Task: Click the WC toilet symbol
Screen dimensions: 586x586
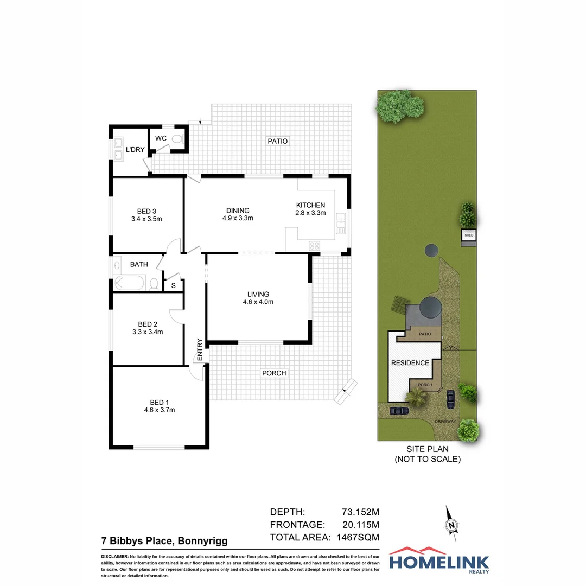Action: (176, 139)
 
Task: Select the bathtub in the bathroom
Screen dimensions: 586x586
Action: (130, 283)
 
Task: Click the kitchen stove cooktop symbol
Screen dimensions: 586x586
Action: (314, 245)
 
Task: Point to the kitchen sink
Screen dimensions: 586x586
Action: (341, 224)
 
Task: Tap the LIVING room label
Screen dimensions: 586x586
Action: (258, 294)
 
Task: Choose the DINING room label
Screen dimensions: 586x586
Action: (238, 211)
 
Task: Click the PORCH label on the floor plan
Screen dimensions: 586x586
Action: (274, 373)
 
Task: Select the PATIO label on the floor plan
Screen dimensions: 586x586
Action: (278, 141)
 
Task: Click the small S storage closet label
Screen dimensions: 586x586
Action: (174, 285)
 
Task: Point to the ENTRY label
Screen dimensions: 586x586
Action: (200, 350)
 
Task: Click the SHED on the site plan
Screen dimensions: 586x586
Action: (469, 235)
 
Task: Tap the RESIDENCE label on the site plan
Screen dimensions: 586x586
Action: (410, 362)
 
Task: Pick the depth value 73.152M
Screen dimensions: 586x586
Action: (360, 512)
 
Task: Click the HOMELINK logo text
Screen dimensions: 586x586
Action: (439, 562)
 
